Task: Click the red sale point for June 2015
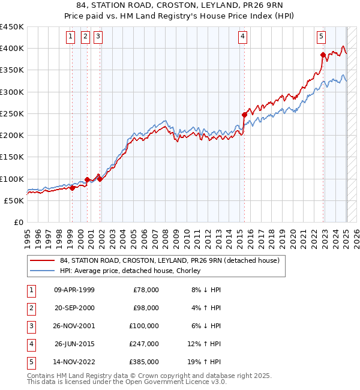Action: [245, 115]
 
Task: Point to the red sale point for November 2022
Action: [323, 55]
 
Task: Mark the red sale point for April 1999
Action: [72, 188]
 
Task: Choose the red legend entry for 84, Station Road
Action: [169, 261]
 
